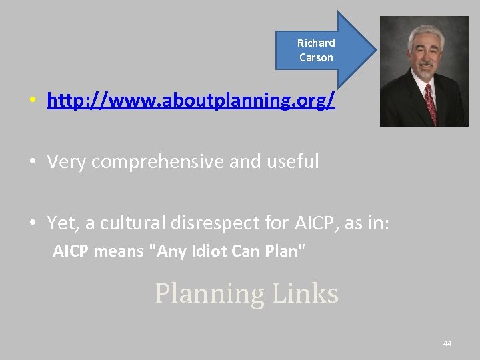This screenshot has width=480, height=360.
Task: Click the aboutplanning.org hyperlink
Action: click(x=191, y=101)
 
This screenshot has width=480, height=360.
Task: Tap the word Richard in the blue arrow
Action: click(x=316, y=43)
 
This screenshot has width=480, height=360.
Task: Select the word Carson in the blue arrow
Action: click(x=316, y=57)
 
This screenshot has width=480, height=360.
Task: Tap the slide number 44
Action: click(x=447, y=343)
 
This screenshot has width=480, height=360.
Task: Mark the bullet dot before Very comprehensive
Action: click(x=32, y=162)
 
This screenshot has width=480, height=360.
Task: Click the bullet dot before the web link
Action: click(x=32, y=102)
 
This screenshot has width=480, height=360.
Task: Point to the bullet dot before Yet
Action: click(x=32, y=223)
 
